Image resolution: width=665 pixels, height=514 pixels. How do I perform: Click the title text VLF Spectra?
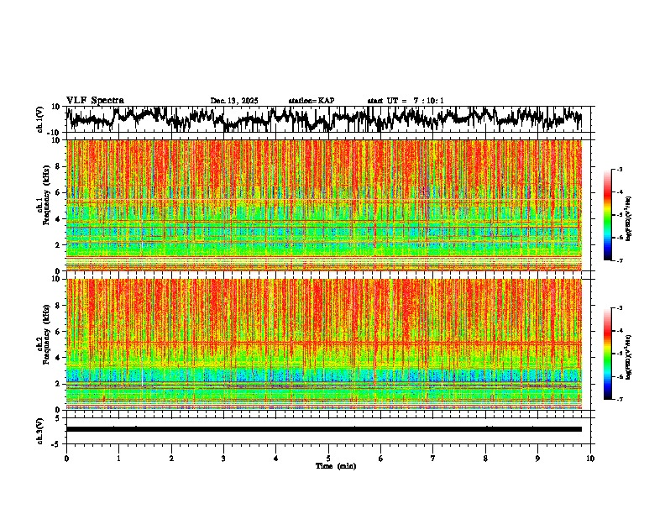(95, 100)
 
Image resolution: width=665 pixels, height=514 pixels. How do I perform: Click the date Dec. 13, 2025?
(234, 101)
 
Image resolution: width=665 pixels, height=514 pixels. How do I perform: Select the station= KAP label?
(311, 101)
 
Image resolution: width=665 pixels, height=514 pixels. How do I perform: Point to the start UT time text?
(406, 101)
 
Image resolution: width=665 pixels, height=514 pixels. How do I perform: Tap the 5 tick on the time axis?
(328, 458)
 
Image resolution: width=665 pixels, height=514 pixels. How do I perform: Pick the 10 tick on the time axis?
(590, 458)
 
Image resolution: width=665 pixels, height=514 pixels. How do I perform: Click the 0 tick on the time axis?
(66, 458)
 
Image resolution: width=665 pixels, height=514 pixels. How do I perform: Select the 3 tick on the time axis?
(223, 458)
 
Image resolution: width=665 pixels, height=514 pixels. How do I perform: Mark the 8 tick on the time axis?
(485, 458)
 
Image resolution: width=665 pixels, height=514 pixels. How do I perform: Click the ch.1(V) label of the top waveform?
(40, 119)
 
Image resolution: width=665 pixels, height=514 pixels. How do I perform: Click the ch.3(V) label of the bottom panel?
(40, 429)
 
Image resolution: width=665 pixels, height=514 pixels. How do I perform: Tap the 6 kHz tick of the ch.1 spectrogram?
(59, 192)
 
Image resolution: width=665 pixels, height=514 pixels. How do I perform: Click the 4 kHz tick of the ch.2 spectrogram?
(59, 357)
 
